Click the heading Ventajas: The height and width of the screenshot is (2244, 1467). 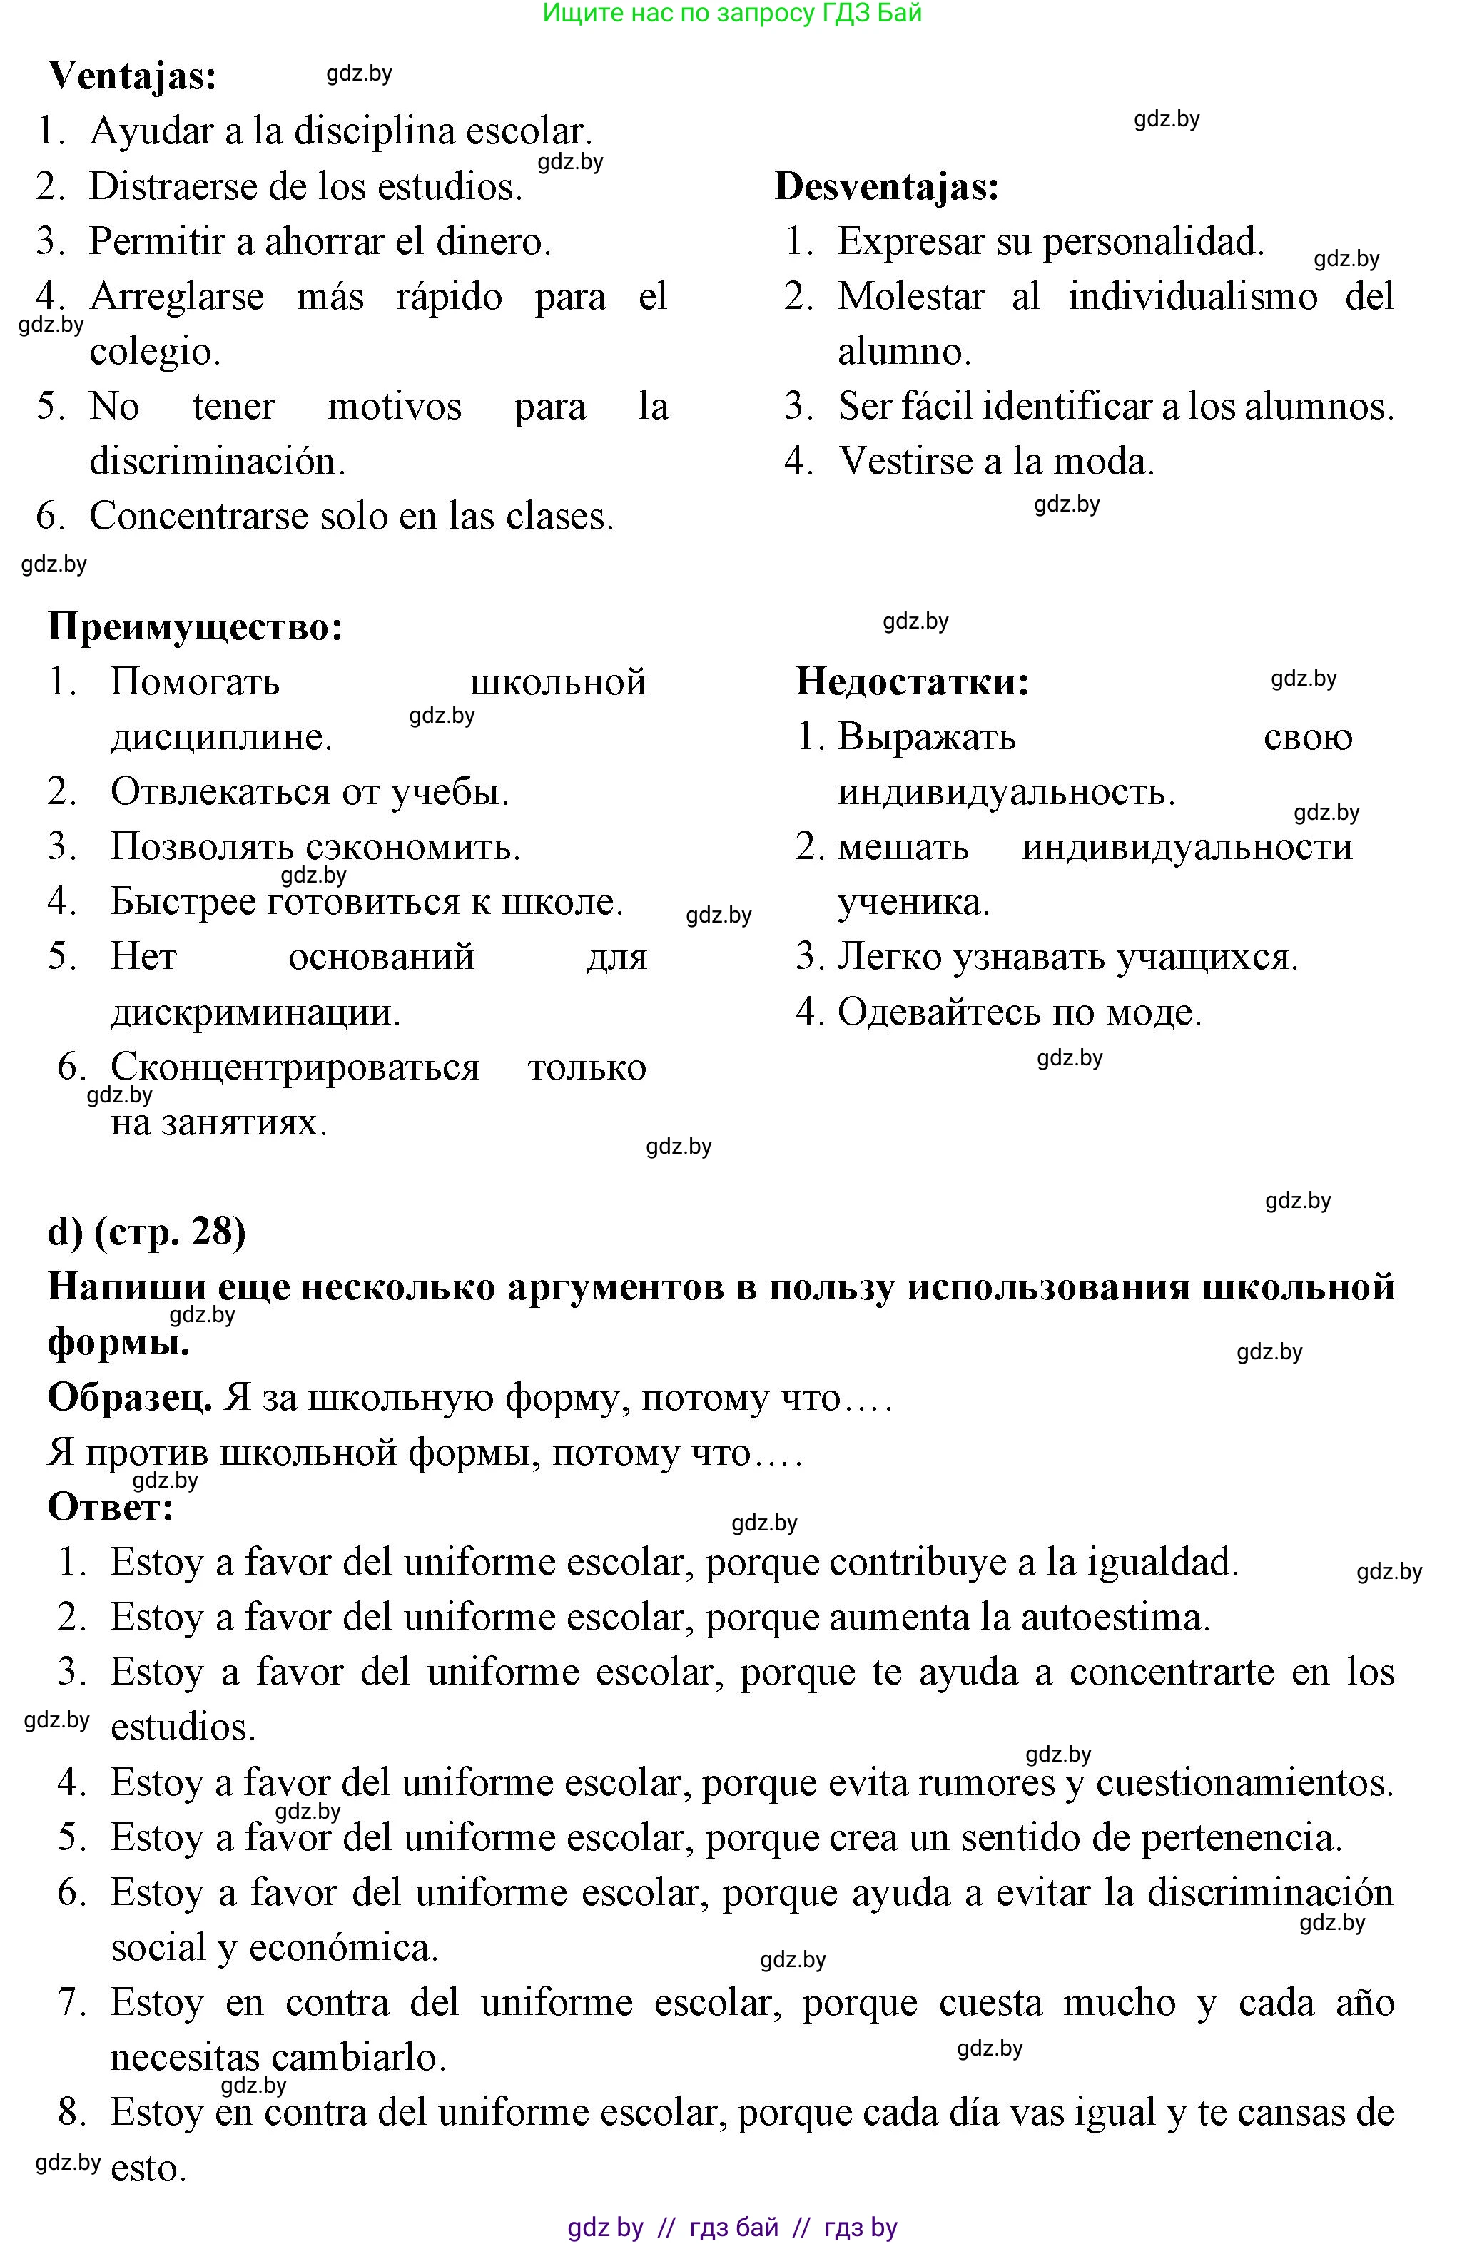point(132,76)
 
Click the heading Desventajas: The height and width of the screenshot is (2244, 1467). point(886,187)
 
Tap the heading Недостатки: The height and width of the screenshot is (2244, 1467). point(912,681)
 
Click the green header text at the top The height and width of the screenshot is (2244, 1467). point(733,13)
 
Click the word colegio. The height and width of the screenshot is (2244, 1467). point(155,352)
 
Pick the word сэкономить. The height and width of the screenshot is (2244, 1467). point(410,847)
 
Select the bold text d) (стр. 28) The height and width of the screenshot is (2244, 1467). point(146,1232)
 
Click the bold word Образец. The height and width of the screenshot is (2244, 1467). point(130,1397)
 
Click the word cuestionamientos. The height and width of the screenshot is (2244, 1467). point(1244,1783)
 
